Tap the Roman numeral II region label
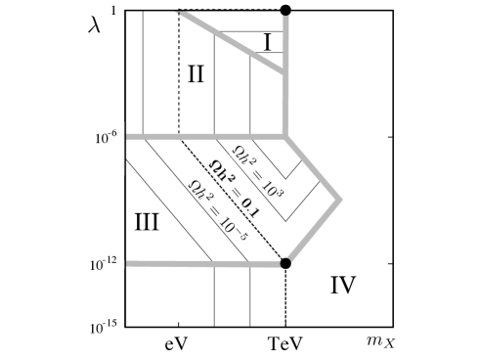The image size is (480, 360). tap(196, 74)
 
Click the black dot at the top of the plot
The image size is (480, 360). tap(285, 10)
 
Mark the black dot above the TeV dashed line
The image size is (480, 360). tap(285, 263)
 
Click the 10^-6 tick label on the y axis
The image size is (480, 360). tap(107, 137)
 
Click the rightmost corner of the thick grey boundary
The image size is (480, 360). tap(339, 201)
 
